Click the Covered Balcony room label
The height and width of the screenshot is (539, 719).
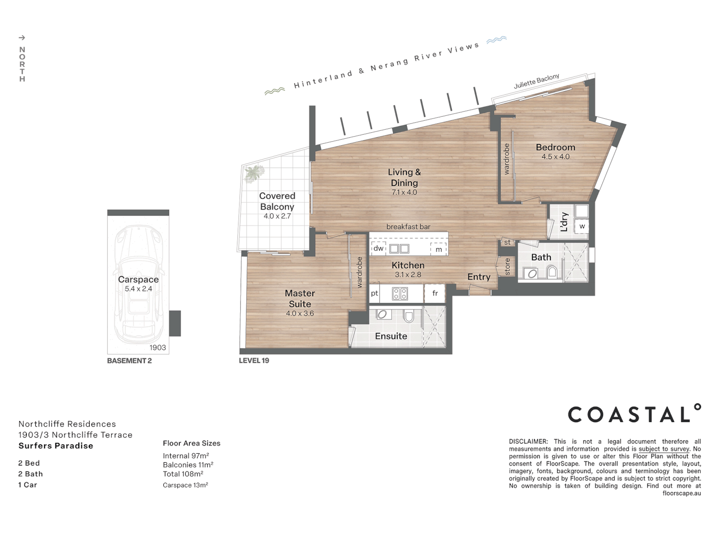pyautogui.click(x=277, y=201)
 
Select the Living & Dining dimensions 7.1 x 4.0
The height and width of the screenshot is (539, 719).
pyautogui.click(x=404, y=193)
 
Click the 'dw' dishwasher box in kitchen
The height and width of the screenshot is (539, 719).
pyautogui.click(x=378, y=248)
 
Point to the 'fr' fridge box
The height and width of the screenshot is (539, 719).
pyautogui.click(x=435, y=293)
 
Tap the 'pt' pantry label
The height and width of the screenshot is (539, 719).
pyautogui.click(x=374, y=293)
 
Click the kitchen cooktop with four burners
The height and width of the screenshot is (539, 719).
pyautogui.click(x=400, y=293)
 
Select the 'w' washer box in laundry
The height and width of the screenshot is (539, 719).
pyautogui.click(x=582, y=226)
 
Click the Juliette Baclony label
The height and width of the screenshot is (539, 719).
pyautogui.click(x=537, y=81)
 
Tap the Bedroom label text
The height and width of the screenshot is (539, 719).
pyautogui.click(x=555, y=147)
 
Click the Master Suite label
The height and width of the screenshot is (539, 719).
pyautogui.click(x=300, y=298)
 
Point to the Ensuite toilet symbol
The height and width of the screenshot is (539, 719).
pyautogui.click(x=409, y=316)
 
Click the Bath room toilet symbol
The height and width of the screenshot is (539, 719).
pyautogui.click(x=552, y=272)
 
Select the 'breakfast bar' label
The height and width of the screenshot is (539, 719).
pyautogui.click(x=408, y=227)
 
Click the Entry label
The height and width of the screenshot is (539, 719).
pyautogui.click(x=478, y=277)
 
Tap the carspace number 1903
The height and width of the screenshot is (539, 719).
pyautogui.click(x=157, y=347)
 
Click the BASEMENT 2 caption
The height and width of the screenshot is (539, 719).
pyautogui.click(x=129, y=361)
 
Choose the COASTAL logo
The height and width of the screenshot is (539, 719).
pyautogui.click(x=634, y=414)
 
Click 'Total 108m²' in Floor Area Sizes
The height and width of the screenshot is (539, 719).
pyautogui.click(x=183, y=474)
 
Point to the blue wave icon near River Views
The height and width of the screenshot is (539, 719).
pyautogui.click(x=496, y=40)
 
